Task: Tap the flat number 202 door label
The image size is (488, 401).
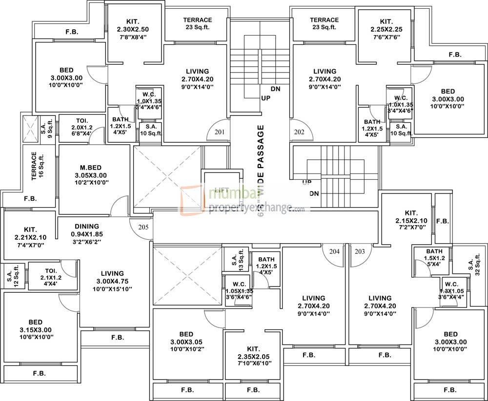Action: (x=299, y=132)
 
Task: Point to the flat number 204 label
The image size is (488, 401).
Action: (x=334, y=251)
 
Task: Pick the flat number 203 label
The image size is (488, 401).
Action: (x=360, y=251)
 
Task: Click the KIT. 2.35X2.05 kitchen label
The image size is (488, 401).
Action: (x=252, y=355)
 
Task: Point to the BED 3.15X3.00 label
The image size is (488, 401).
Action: (x=35, y=329)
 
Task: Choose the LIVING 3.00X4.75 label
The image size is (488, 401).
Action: (x=112, y=281)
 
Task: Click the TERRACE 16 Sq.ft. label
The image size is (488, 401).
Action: (x=38, y=168)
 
